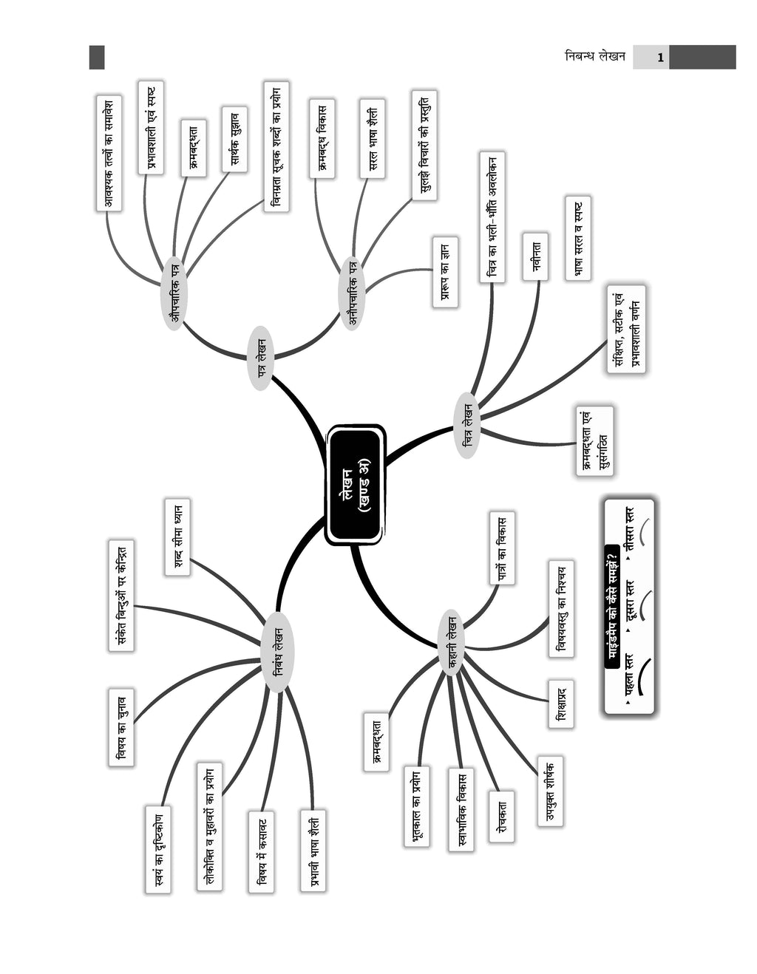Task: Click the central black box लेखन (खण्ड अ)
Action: coord(356,485)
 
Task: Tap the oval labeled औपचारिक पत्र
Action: coord(174,293)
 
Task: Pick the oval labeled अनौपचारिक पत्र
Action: coord(353,293)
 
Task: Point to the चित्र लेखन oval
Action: coord(467,426)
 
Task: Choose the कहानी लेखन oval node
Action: coord(451,643)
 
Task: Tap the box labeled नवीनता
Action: coord(535,256)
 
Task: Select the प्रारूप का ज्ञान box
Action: coord(445,273)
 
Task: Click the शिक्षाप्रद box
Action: coord(560,704)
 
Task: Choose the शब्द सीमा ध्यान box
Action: coord(177,537)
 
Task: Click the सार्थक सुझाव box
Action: coord(234,139)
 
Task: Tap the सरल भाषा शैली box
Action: coord(372,139)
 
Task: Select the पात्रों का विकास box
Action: coord(502,548)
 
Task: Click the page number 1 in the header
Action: coord(660,58)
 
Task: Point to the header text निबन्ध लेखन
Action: coord(595,57)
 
